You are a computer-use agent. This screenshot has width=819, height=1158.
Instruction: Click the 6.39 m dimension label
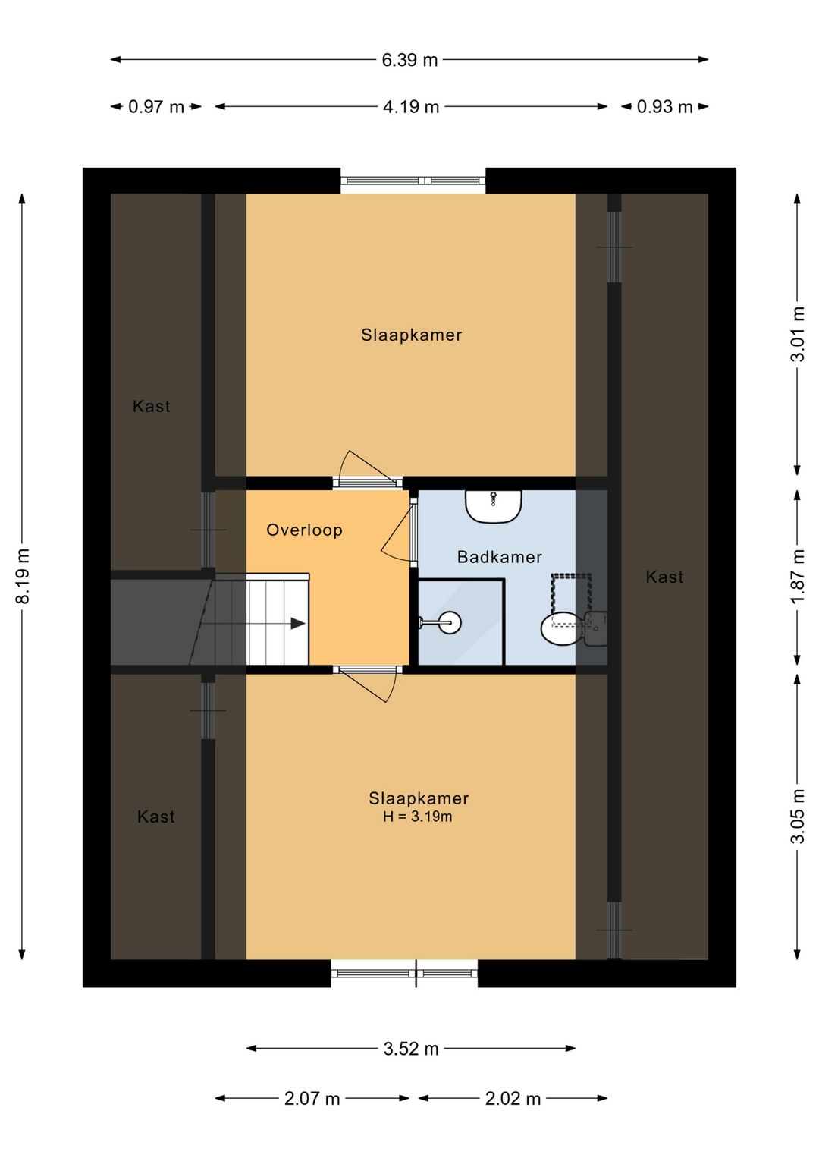coord(409,60)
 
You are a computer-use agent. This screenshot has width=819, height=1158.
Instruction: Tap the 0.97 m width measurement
coord(156,107)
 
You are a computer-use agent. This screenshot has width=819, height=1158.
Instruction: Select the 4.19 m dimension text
coord(411,107)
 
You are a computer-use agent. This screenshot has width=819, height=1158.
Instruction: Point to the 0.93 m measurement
coord(664,107)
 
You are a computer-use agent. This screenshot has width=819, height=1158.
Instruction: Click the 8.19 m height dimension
coord(23,576)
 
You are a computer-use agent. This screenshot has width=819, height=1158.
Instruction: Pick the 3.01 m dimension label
coord(798,334)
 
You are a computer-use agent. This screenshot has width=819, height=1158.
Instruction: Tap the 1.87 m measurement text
coord(798,577)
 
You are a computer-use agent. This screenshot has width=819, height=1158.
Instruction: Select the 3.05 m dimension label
coord(798,817)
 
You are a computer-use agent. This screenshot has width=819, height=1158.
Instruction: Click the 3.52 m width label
coord(411,1049)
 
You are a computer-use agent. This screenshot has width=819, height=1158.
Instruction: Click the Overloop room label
coord(304,530)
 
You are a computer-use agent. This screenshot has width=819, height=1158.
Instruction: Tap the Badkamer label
coord(500,557)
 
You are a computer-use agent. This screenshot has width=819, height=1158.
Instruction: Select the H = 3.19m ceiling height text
coord(418,817)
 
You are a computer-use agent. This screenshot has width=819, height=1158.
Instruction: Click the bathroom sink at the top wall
coord(494,506)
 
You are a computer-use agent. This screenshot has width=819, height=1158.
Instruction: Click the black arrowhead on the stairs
coord(297,624)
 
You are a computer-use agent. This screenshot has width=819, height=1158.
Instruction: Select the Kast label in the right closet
coord(664,577)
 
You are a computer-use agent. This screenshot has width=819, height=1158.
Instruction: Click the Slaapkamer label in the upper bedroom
coord(411,335)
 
